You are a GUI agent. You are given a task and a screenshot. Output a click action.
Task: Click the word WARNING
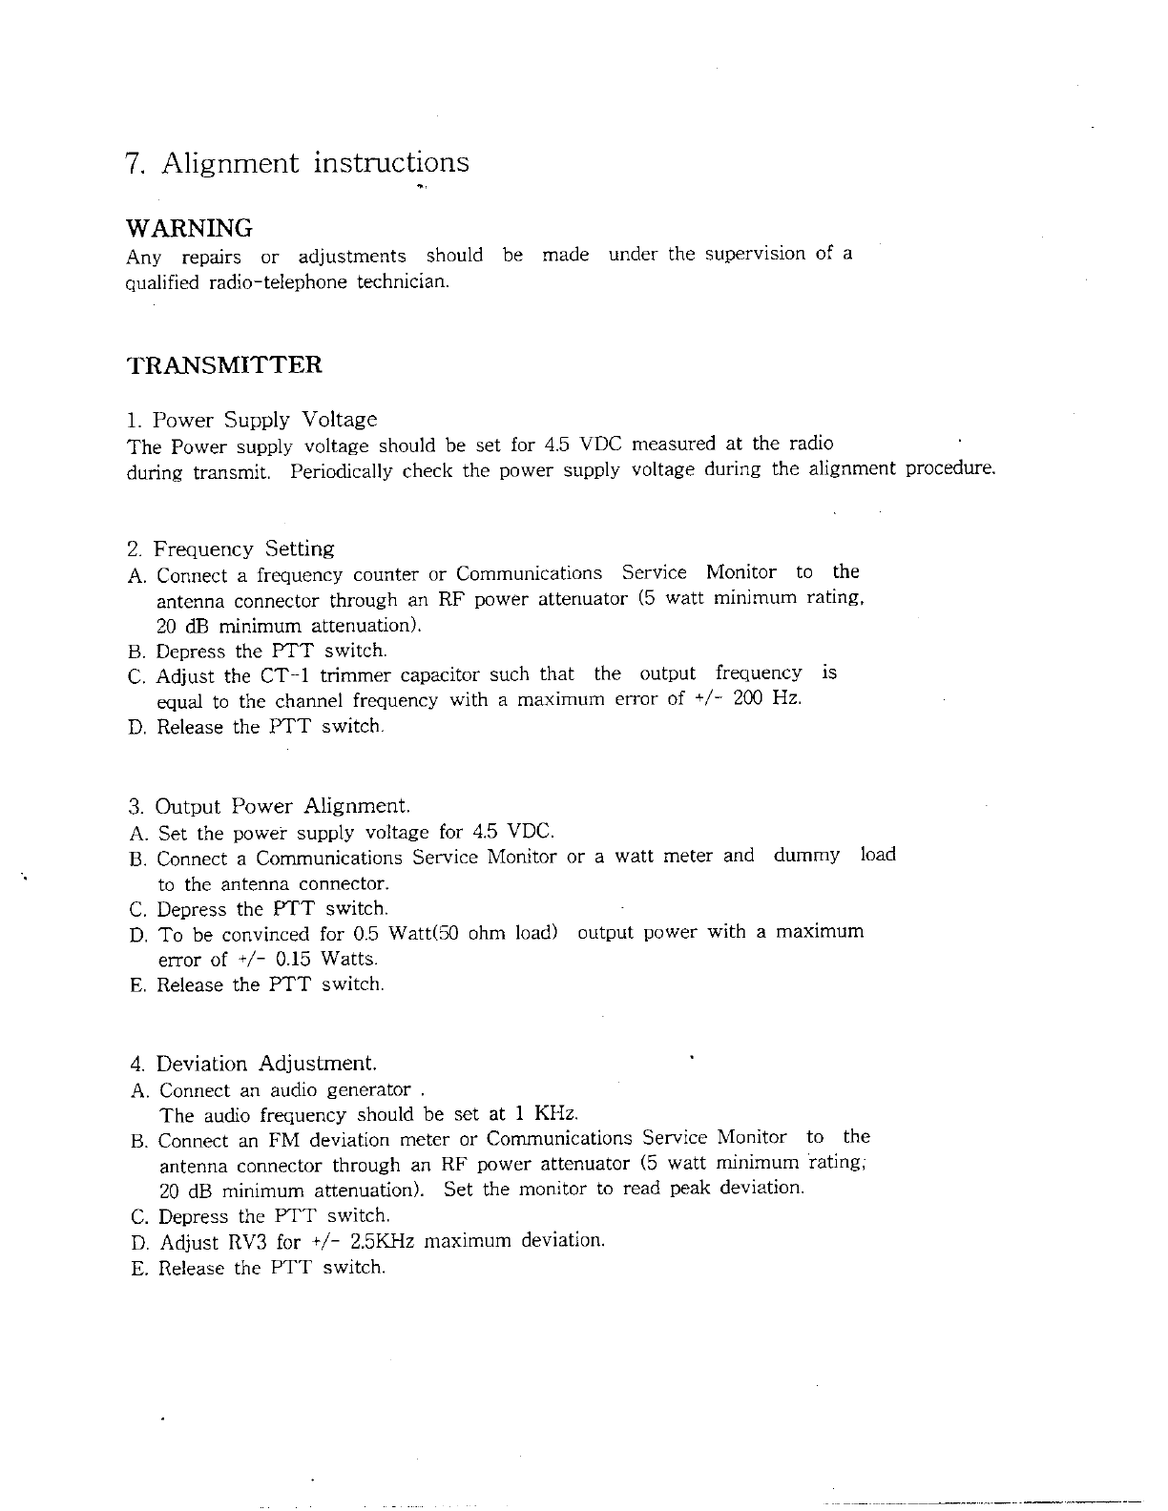(x=190, y=229)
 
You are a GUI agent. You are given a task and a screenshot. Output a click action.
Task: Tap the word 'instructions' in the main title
(x=391, y=163)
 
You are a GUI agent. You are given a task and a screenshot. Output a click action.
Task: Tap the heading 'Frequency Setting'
(x=244, y=549)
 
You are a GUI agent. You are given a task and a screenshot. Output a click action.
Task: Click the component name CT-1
(x=284, y=676)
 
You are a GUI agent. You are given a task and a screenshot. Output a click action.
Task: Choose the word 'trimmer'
(x=355, y=676)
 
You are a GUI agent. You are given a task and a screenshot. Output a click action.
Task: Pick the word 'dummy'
(x=806, y=856)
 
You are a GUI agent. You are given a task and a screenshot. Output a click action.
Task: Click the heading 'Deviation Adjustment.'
(x=266, y=1065)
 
